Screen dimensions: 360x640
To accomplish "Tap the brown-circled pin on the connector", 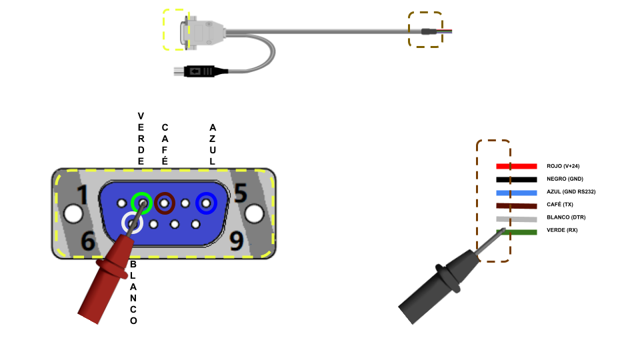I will click(x=165, y=202).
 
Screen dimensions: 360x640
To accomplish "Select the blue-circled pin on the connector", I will click(x=206, y=203).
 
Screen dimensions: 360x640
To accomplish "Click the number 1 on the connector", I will click(x=83, y=195).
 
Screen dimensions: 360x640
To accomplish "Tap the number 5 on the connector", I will click(x=240, y=193).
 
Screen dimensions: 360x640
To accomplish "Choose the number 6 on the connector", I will click(x=87, y=241).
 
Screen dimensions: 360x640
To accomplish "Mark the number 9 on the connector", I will click(x=236, y=241).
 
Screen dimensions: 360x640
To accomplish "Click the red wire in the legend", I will click(x=516, y=166).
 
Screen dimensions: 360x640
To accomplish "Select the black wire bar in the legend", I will click(x=516, y=179).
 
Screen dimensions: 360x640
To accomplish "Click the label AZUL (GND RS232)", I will click(x=571, y=192).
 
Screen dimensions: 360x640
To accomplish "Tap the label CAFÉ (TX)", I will click(x=560, y=205).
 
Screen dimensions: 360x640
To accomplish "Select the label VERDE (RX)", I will click(x=562, y=230).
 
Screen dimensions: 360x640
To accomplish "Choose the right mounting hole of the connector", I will click(x=254, y=213).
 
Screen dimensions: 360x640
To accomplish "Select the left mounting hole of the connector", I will click(x=73, y=213).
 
